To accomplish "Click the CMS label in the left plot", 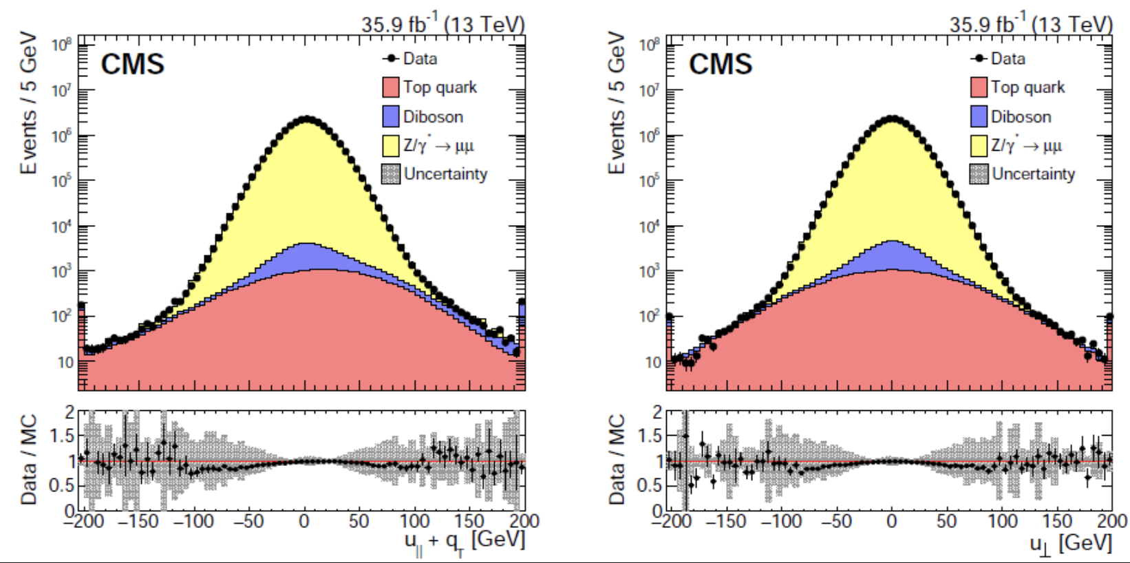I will (x=132, y=65).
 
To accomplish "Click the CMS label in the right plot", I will (x=720, y=65).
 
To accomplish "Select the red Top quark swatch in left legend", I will (x=391, y=87).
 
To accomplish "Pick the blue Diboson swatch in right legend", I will (x=979, y=116).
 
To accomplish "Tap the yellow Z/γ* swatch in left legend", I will (x=391, y=145).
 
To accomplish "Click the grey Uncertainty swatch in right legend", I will (x=979, y=174).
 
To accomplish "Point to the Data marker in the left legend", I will (x=392, y=59).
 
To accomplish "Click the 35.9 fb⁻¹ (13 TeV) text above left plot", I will (x=443, y=25).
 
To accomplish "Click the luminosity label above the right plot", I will (x=1030, y=25).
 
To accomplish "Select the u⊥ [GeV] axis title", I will (x=1070, y=544).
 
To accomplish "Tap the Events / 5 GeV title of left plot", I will (x=29, y=103).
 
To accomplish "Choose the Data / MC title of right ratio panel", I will (x=617, y=460).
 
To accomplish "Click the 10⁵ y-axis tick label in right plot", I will (x=650, y=181).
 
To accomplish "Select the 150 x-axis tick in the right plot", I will (x=1057, y=521).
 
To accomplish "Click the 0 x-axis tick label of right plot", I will (x=892, y=521).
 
